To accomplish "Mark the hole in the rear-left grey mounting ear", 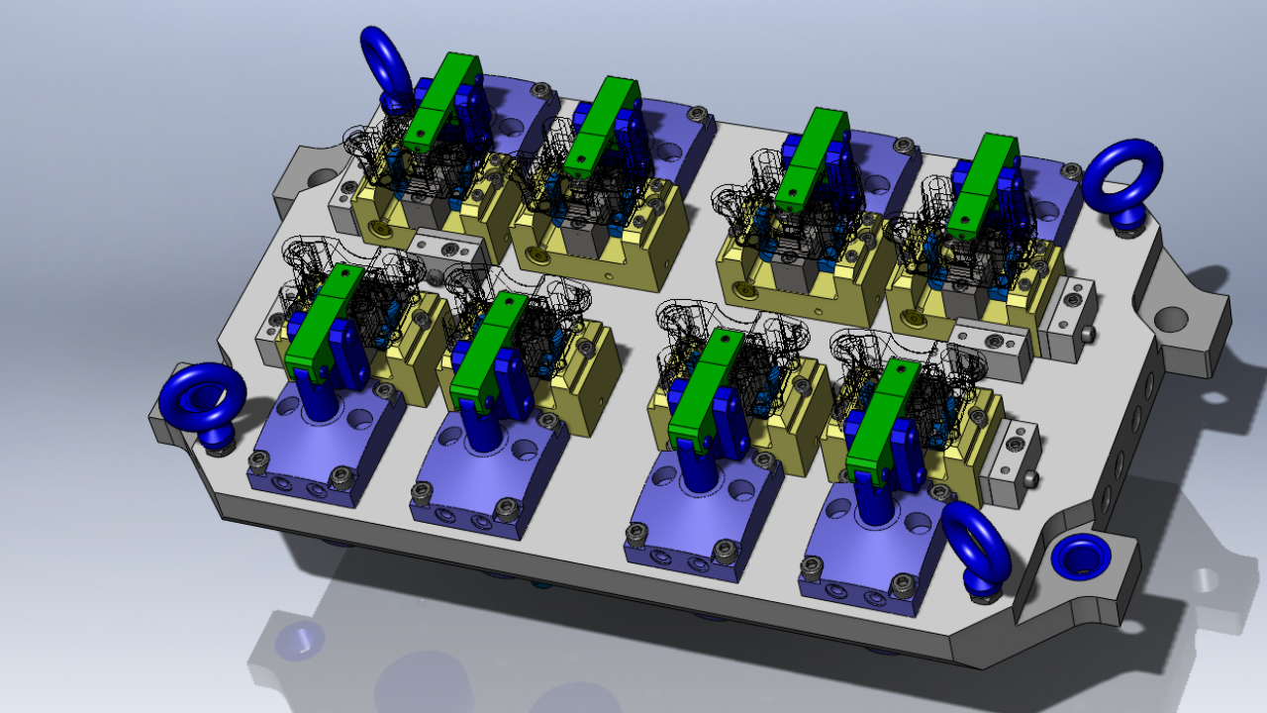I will coord(321,179).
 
